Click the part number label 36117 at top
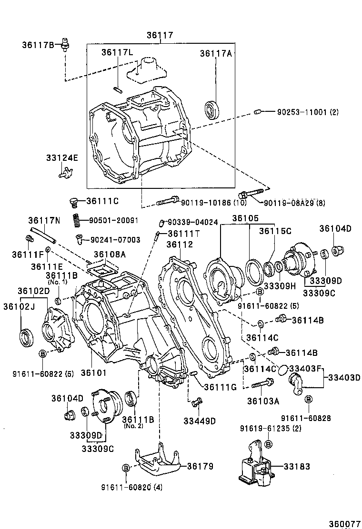[x=160, y=35]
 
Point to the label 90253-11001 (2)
[x=308, y=112]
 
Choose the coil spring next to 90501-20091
[x=76, y=221]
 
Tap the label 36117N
[x=44, y=220]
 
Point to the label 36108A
[x=110, y=255]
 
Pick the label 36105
[x=245, y=218]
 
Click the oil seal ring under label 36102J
[x=27, y=337]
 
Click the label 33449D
[x=200, y=421]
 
